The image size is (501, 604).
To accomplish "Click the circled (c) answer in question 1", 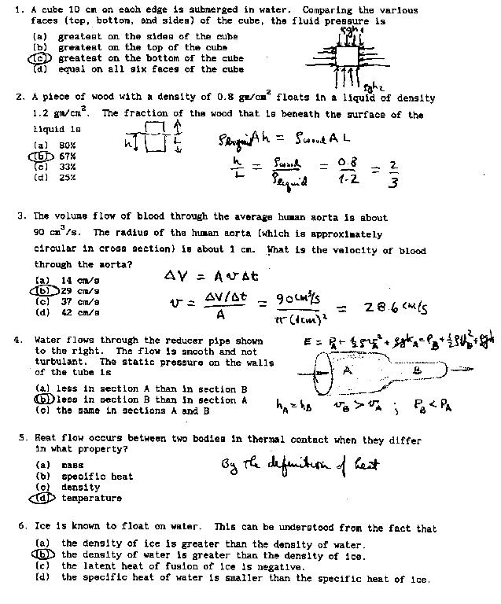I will [40, 58].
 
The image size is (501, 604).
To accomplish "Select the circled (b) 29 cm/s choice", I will [42, 290].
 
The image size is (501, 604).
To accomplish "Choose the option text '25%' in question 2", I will [67, 178].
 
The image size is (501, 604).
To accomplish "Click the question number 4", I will [18, 341].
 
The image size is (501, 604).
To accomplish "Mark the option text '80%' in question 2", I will [67, 145].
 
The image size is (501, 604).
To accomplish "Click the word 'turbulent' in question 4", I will [61, 362].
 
